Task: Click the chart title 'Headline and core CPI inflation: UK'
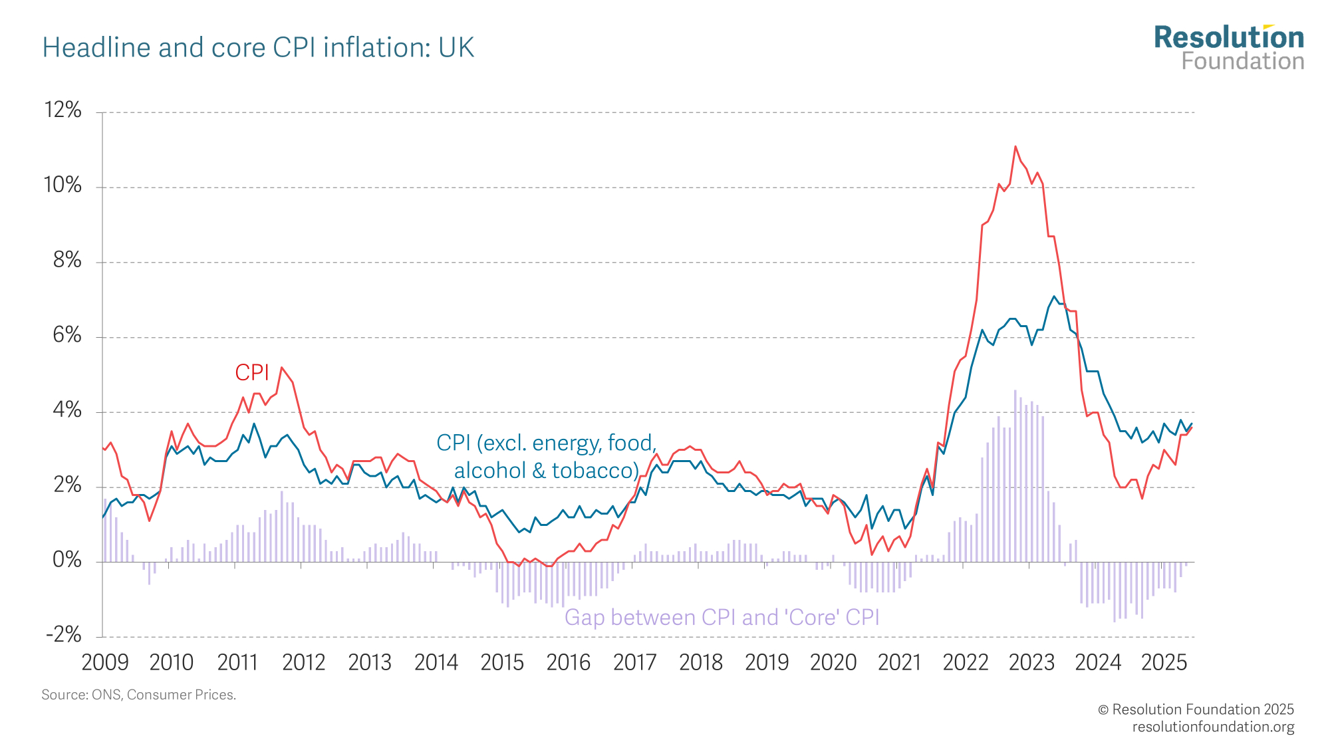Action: [x=258, y=48]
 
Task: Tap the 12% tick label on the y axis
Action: [x=63, y=110]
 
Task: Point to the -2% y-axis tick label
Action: [x=64, y=635]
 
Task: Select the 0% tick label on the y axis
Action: [x=67, y=561]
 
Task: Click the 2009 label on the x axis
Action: [x=105, y=662]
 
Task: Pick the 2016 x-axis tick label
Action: [x=569, y=662]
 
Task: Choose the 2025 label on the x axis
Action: [x=1164, y=662]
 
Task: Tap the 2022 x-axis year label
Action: [x=966, y=662]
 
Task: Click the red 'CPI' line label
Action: [x=252, y=373]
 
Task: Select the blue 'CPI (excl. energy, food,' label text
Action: [x=546, y=443]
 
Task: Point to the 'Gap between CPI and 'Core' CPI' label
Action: [x=722, y=618]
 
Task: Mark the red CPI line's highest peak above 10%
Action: [x=1015, y=146]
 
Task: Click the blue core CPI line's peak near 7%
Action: [x=1054, y=297]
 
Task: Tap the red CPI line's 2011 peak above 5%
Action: [x=282, y=367]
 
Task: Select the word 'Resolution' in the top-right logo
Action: [x=1229, y=38]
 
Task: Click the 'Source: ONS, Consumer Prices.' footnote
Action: [x=139, y=695]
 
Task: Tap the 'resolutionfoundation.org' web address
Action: [x=1213, y=727]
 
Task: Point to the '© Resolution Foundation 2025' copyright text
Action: [x=1196, y=709]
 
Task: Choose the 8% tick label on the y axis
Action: [x=67, y=260]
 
